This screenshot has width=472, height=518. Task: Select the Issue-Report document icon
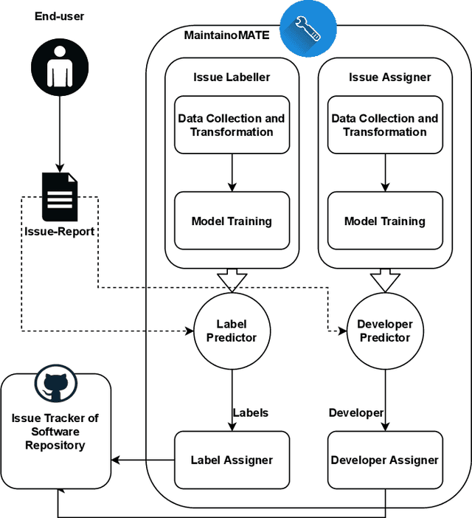pos(59,196)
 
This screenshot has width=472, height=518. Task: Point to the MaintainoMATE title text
pos(226,34)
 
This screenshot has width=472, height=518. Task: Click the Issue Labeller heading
pos(231,77)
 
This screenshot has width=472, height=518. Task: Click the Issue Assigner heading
pos(384,77)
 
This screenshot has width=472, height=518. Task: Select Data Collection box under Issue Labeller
pos(231,125)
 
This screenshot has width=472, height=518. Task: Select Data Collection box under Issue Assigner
pos(384,125)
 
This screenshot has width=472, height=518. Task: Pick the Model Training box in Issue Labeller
pos(231,221)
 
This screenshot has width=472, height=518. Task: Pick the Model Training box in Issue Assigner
pos(384,221)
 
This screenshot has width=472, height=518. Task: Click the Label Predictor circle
pos(231,331)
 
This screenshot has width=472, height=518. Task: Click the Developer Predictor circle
pos(384,331)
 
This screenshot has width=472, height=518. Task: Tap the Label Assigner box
pos(231,460)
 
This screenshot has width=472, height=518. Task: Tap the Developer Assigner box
pos(384,460)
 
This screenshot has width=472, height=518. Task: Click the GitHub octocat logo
pos(56,386)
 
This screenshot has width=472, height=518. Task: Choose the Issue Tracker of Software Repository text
pos(55,432)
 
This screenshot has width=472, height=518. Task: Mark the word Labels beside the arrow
pos(251,412)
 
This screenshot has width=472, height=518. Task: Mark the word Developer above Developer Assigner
pos(355,412)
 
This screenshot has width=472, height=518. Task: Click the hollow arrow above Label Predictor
pos(231,280)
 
